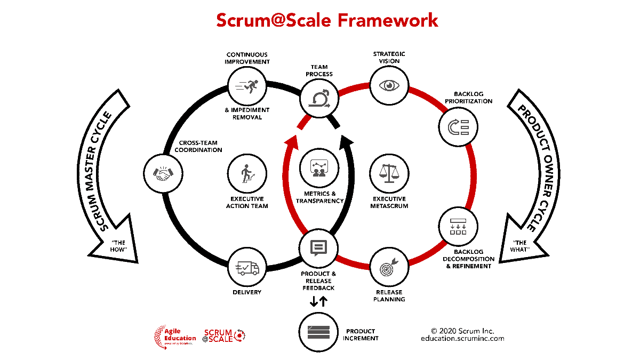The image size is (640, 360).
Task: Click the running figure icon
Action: tap(249, 85)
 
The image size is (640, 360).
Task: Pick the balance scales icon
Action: tap(389, 173)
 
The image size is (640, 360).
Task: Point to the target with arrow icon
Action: tap(389, 268)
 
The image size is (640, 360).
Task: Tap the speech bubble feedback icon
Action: tap(318, 248)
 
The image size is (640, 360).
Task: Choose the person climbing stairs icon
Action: tap(247, 173)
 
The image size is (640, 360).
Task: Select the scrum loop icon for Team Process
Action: tap(319, 98)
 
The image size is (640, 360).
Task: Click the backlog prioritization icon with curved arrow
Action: tap(458, 127)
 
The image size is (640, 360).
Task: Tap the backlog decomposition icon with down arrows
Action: tap(458, 226)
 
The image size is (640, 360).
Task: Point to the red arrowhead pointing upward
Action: tap(291, 142)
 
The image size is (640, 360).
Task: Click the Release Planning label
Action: tap(389, 295)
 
